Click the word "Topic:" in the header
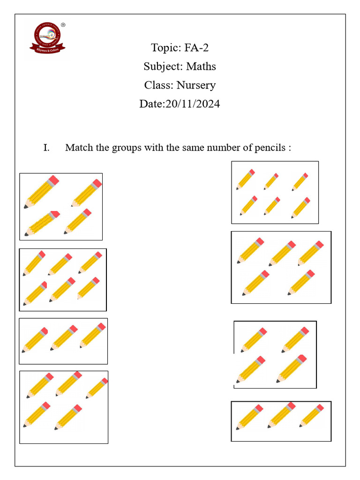click(163, 48)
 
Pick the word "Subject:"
click(159, 67)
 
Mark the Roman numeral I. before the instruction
click(46, 148)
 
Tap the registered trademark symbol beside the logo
click(63, 25)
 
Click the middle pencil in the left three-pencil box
click(64, 337)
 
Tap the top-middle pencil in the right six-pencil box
click(271, 181)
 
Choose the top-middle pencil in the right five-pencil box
click(282, 253)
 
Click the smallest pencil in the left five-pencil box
click(97, 388)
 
